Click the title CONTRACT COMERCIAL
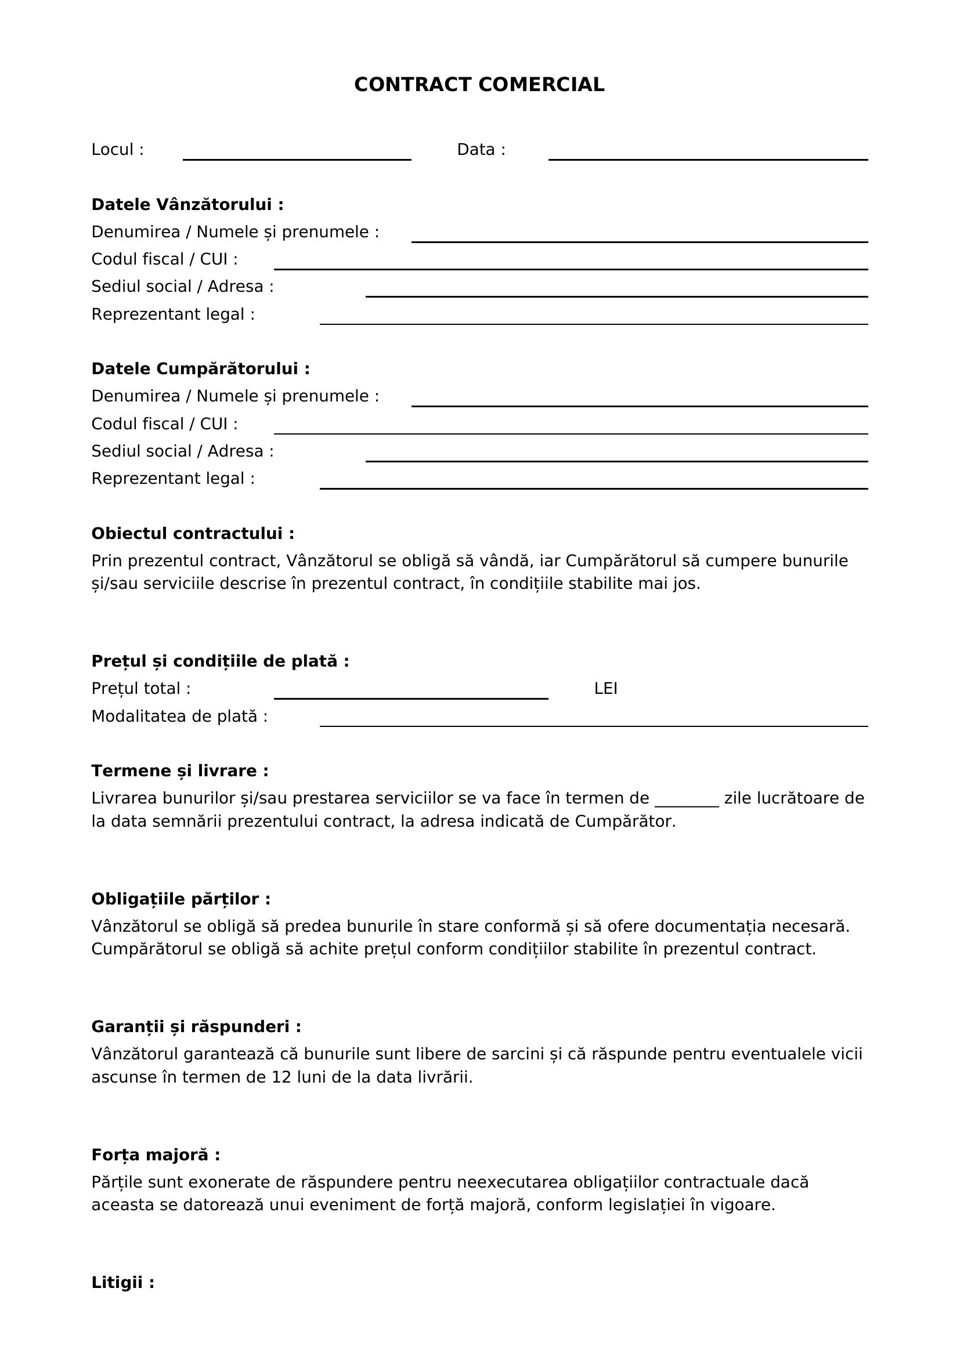(x=479, y=85)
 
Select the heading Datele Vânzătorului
(x=187, y=204)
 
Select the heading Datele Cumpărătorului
(x=200, y=369)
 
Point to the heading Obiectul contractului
(x=193, y=534)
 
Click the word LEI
(x=605, y=689)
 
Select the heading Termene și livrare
(x=180, y=770)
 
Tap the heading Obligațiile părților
(x=181, y=899)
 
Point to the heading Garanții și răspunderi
(x=196, y=1027)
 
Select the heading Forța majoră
(x=156, y=1155)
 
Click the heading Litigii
(x=123, y=1283)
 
